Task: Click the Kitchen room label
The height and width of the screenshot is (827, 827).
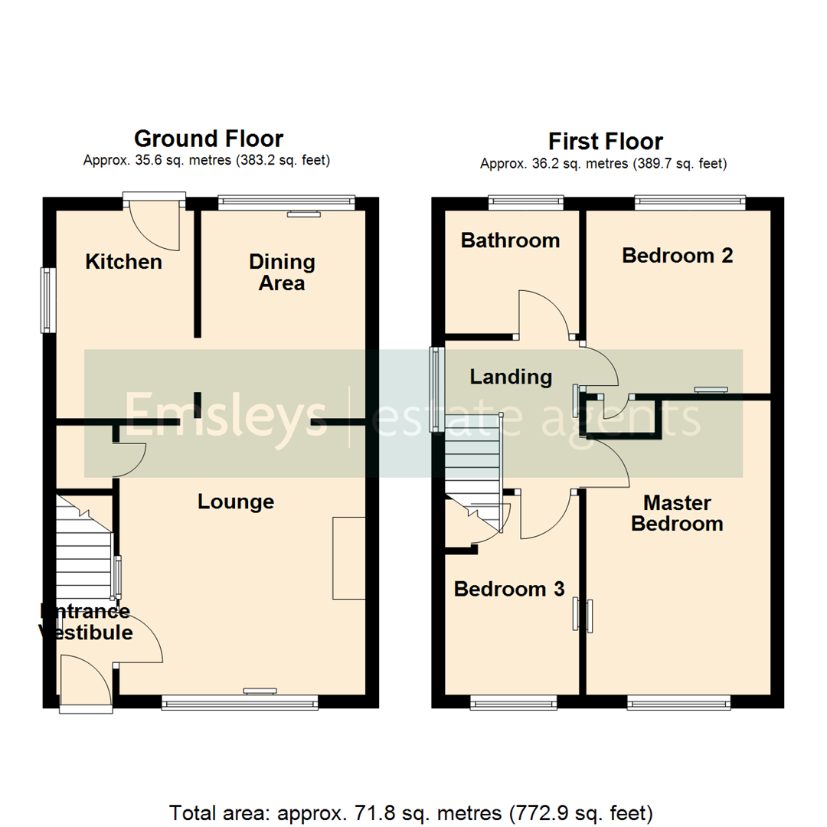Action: (123, 262)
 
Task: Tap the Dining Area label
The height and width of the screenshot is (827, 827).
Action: (282, 273)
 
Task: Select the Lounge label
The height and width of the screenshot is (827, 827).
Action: (236, 502)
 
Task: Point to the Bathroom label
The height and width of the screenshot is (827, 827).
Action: (510, 240)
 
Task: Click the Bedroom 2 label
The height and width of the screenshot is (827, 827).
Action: (678, 255)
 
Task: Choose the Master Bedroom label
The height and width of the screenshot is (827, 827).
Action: (677, 513)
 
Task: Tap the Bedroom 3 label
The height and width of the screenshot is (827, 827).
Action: (509, 589)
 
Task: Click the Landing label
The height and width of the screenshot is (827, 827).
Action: (511, 376)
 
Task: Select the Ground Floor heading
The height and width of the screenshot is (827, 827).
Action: (208, 139)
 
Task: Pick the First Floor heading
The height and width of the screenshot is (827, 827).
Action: (605, 142)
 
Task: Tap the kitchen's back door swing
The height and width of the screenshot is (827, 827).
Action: (155, 226)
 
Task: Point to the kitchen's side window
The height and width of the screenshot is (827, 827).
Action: (49, 299)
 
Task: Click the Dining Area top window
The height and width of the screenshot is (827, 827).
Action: (286, 202)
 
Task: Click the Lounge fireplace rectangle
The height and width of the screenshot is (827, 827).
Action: (348, 557)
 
